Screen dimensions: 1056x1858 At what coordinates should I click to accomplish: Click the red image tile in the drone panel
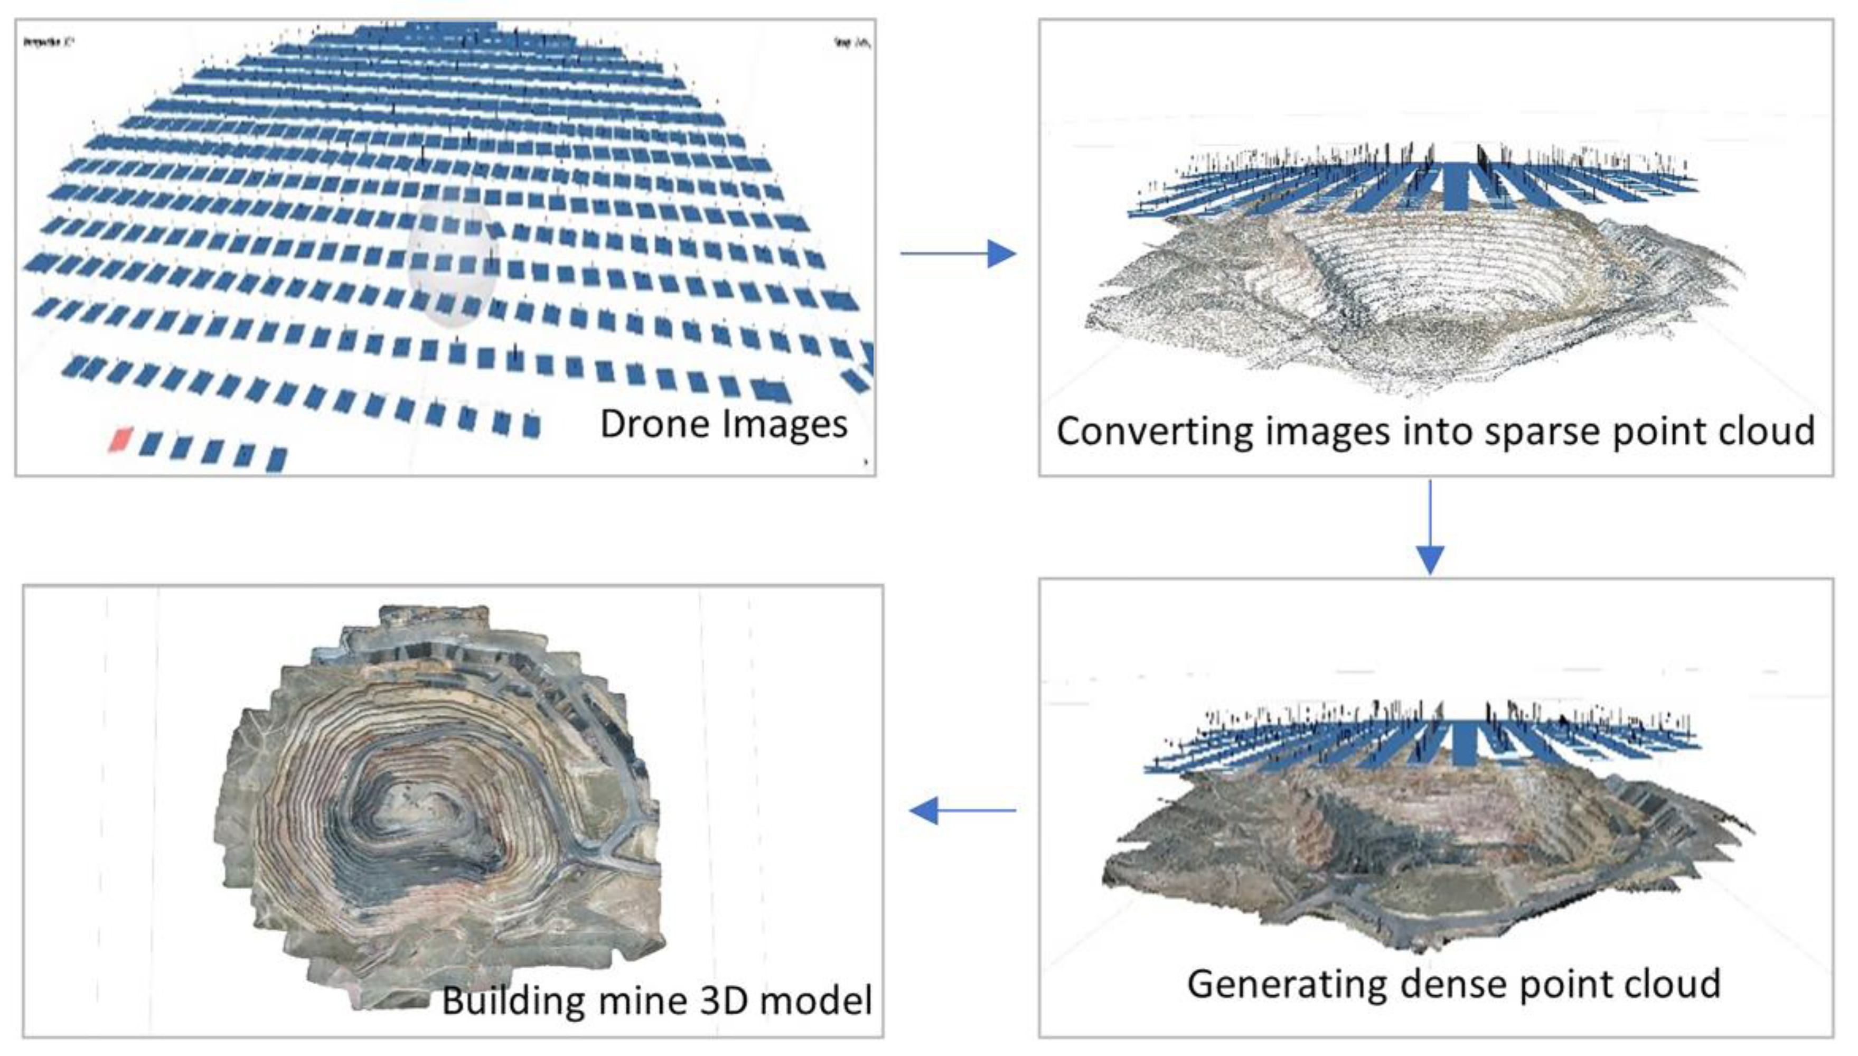click(x=121, y=439)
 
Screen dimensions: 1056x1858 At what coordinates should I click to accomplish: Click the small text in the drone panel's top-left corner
click(x=48, y=42)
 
